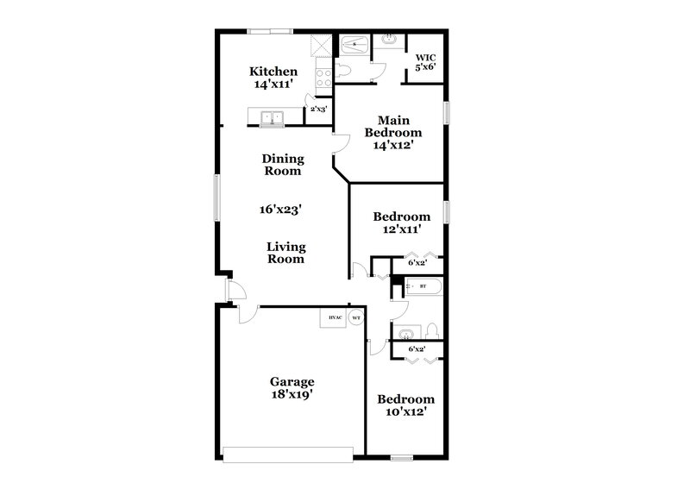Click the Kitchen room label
point(273,78)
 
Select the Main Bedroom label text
point(392,133)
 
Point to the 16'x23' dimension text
point(281,209)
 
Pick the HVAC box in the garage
point(333,317)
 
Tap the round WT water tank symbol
point(355,317)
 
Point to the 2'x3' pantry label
point(319,110)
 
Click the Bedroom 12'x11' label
point(401,223)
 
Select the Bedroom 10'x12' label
point(405,406)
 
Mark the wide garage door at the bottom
point(288,451)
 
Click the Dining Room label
point(282,164)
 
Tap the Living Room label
point(285,253)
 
